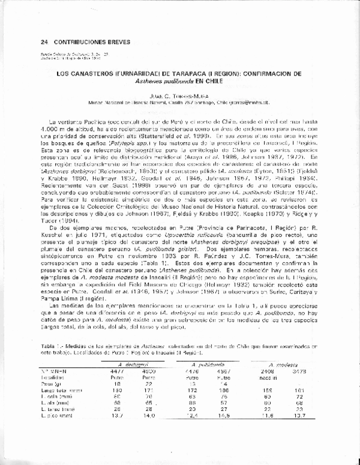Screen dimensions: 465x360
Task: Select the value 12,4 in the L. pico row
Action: (191, 431)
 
